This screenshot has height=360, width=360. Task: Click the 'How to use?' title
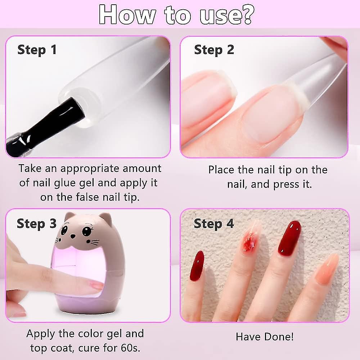pyautogui.click(x=176, y=14)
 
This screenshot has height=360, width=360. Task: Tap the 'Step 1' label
pyautogui.click(x=37, y=50)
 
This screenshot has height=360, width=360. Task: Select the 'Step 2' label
pyautogui.click(x=214, y=50)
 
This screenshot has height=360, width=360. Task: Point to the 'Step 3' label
pyautogui.click(x=36, y=224)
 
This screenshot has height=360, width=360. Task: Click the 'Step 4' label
pyautogui.click(x=213, y=224)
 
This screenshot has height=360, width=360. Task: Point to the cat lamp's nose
pyautogui.click(x=73, y=236)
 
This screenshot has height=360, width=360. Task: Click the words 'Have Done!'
pyautogui.click(x=265, y=337)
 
